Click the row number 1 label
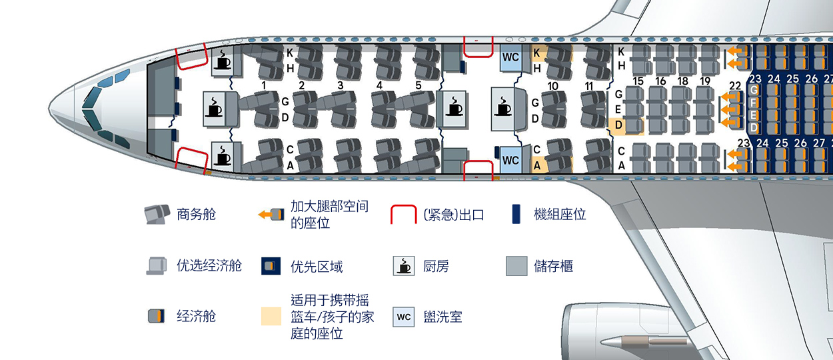coord(265,85)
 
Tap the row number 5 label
coord(418,85)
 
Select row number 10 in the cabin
coord(553,86)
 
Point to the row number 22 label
coord(735,85)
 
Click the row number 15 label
coord(638,81)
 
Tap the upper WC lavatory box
coord(510,57)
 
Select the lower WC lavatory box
coord(510,160)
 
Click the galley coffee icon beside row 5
coord(454,106)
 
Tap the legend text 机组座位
coord(560,215)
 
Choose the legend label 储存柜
coord(553,267)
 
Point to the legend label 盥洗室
coord(442,317)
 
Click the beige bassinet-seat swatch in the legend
coord(271,317)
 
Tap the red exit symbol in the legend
coord(403,215)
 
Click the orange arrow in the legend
coord(265,215)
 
